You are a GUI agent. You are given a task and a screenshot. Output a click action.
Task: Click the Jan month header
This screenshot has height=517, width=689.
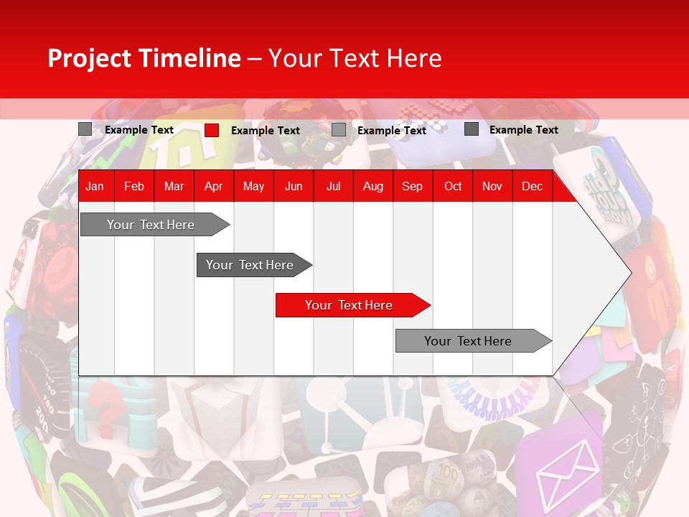95,187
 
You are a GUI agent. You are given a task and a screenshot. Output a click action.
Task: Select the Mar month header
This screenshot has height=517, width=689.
174,187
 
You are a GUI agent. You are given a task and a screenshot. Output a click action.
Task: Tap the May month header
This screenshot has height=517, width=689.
253,187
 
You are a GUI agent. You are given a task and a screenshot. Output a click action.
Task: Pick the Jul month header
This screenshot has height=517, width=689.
333,187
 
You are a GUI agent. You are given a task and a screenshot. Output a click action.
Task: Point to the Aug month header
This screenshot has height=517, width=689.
372,187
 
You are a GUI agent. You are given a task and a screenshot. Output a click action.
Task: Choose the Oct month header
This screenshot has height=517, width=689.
453,187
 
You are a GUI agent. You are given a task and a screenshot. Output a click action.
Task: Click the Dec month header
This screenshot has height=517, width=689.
532,187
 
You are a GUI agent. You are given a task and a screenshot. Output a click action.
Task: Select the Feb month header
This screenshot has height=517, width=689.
134,187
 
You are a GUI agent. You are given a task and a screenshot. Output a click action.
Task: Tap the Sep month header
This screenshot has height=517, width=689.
412,187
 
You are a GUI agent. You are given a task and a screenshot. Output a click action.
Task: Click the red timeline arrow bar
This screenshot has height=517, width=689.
352,305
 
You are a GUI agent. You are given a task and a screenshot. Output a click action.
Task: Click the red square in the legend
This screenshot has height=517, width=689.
212,130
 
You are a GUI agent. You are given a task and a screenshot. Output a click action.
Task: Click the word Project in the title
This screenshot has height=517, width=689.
90,58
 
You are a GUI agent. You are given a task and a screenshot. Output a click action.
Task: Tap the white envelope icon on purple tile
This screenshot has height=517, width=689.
568,466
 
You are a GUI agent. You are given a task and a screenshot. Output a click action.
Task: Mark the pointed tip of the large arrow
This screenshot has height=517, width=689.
631,273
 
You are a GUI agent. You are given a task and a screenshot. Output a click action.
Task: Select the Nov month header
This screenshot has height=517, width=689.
492,187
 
